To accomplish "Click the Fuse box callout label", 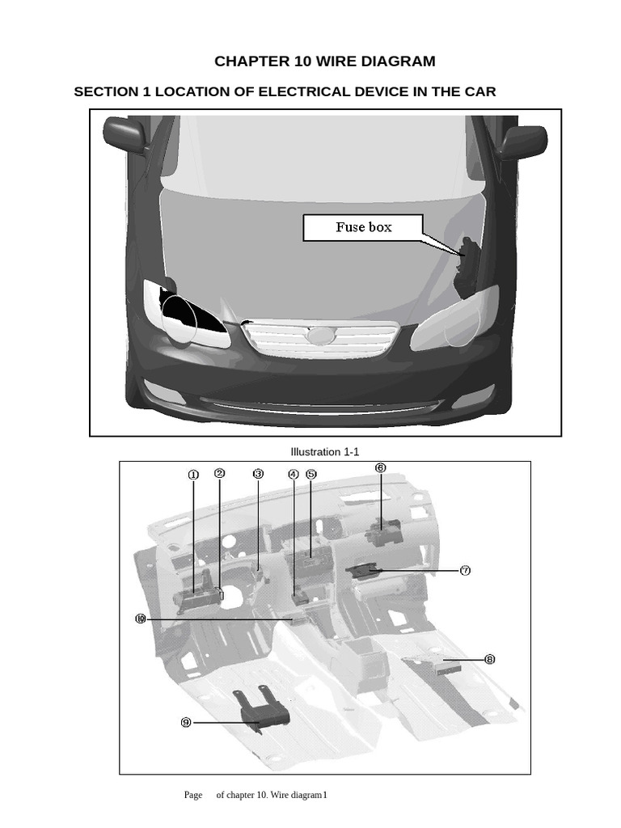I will click(x=363, y=227).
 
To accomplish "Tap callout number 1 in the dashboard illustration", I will click(x=193, y=475).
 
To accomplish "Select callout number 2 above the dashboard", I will click(x=219, y=473).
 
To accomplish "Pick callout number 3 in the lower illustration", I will click(x=258, y=473).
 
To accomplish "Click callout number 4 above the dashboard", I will click(x=294, y=474).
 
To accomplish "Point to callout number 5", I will click(x=311, y=474).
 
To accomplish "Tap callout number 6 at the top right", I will click(x=380, y=467).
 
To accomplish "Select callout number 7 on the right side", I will click(x=465, y=570).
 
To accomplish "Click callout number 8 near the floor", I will click(x=489, y=659).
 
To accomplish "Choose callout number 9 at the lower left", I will click(x=186, y=722).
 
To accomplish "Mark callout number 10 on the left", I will click(x=141, y=619).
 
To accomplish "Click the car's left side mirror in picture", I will click(x=125, y=134).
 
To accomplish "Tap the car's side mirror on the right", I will click(x=522, y=142).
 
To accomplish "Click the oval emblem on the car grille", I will click(x=320, y=336).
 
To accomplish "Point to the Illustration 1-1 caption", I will click(x=324, y=452).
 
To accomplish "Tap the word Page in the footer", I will click(x=193, y=795).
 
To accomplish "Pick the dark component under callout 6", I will click(x=383, y=532).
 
